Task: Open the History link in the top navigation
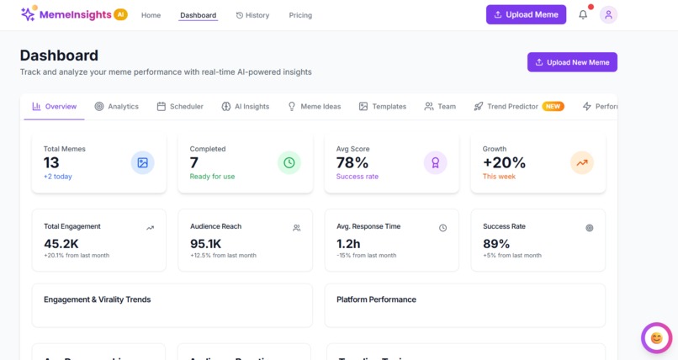point(252,15)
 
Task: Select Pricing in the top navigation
point(300,15)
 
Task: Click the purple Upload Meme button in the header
point(526,14)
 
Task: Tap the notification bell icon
point(583,14)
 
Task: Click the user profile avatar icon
point(608,14)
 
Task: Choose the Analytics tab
point(117,107)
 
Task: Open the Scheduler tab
point(180,107)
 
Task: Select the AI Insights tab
point(246,107)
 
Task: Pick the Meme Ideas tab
point(315,107)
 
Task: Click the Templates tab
point(383,107)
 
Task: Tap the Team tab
point(440,107)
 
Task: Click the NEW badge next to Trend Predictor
point(553,107)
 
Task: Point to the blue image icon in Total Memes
point(142,162)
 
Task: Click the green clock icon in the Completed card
point(289,162)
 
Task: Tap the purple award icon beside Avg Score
point(435,162)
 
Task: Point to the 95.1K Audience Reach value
point(206,243)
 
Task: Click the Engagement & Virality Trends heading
point(97,299)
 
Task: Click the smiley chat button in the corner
point(656,338)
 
